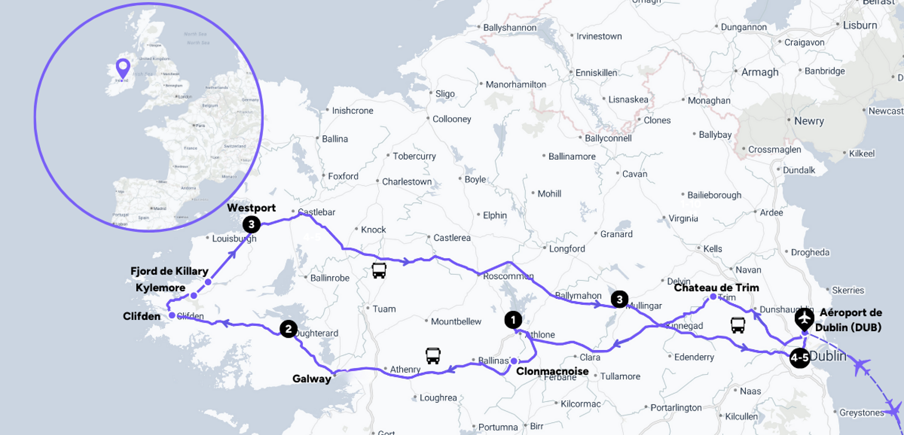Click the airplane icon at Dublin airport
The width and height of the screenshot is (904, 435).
click(x=804, y=318)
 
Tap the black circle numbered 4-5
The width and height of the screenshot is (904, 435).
click(x=799, y=358)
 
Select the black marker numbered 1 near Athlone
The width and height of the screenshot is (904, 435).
click(x=513, y=320)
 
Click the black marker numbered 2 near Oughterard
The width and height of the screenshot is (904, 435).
click(x=288, y=329)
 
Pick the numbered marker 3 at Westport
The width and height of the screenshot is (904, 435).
click(x=251, y=225)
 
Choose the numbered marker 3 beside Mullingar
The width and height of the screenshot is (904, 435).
click(x=619, y=300)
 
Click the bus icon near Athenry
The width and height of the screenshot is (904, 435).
click(x=433, y=356)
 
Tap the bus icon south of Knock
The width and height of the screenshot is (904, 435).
click(x=379, y=270)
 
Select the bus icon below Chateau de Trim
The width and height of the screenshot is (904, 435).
click(x=738, y=325)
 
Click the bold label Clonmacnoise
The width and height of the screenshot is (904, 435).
click(x=552, y=371)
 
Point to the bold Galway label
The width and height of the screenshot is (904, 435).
click(x=312, y=379)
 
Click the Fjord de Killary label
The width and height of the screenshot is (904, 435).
click(x=169, y=271)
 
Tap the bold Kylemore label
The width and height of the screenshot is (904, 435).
click(x=160, y=288)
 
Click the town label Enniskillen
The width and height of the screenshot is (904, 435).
click(x=596, y=73)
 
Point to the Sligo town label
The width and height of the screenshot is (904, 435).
click(x=444, y=94)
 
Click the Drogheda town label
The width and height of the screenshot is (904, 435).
click(x=810, y=252)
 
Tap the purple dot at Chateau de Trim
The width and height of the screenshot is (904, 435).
click(x=713, y=297)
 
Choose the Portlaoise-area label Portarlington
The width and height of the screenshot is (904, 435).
click(x=676, y=408)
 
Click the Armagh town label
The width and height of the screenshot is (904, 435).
click(x=760, y=72)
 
